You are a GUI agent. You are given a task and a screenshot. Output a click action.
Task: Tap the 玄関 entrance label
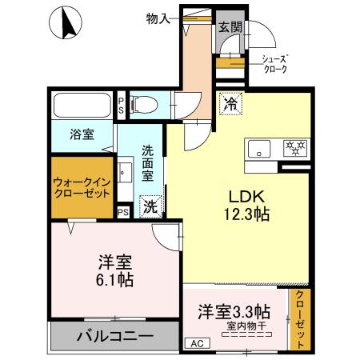230,26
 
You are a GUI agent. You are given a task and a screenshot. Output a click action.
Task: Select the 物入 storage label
158,18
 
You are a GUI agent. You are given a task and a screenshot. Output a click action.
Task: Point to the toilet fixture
145,102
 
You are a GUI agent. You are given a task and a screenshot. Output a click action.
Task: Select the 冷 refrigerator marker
230,103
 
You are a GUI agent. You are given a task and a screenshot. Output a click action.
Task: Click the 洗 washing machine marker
150,206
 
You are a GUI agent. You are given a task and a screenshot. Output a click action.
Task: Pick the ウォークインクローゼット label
82,187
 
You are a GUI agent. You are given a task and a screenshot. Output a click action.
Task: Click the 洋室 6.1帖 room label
116,270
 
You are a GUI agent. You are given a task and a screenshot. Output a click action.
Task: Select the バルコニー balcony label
114,336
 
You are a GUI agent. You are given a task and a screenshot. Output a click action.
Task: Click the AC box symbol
196,344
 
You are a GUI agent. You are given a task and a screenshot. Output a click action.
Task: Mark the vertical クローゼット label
300,319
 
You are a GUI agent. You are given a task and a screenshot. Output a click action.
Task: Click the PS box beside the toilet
121,103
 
